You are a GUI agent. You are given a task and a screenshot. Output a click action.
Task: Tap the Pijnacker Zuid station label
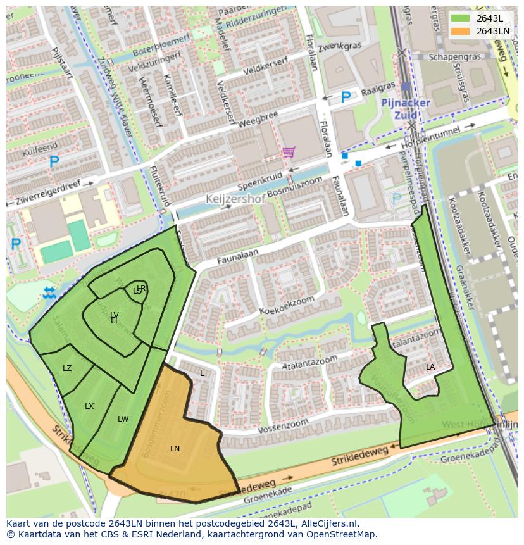406,108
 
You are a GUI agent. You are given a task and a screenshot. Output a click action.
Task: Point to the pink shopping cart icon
289,152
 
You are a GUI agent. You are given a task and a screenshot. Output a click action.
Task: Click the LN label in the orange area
175,449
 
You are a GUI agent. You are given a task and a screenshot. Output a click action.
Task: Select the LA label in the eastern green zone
430,367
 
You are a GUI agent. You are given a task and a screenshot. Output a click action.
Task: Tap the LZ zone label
67,368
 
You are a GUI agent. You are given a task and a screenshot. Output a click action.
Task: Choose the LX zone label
89,406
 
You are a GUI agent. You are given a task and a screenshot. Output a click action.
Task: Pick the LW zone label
123,419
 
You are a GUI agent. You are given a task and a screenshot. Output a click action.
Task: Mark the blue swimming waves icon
49,292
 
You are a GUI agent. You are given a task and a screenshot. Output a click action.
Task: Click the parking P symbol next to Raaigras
346,97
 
